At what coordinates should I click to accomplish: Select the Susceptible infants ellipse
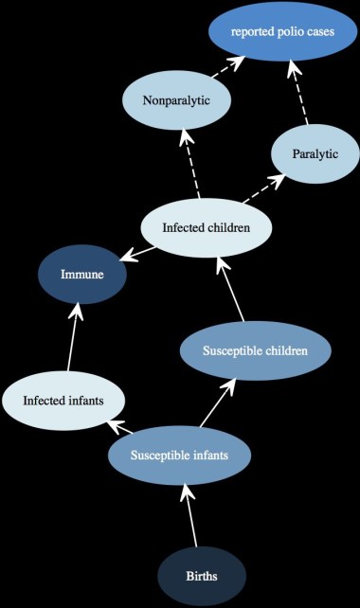pyautogui.click(x=179, y=456)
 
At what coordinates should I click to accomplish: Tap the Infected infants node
pyautogui.click(x=63, y=399)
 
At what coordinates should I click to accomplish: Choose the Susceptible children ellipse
pyautogui.click(x=255, y=351)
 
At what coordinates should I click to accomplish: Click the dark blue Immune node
pyautogui.click(x=81, y=276)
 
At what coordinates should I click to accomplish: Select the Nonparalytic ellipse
pyautogui.click(x=176, y=99)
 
